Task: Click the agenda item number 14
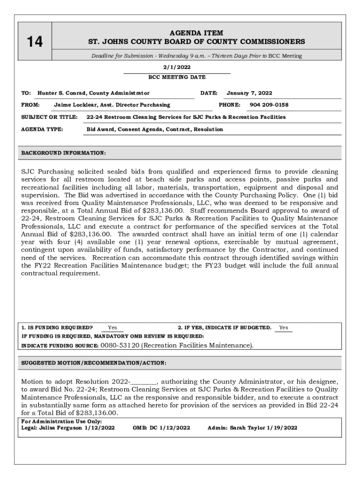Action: [x=35, y=42]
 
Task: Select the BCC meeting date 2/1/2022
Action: [x=177, y=68]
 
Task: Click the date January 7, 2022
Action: [x=249, y=93]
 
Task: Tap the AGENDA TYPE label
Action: [x=42, y=129]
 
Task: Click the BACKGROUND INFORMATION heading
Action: [x=64, y=153]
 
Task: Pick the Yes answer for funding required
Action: [x=112, y=328]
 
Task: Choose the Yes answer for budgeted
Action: [x=283, y=328]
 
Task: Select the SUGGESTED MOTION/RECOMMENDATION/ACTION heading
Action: [x=94, y=363]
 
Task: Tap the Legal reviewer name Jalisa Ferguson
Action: [x=61, y=428]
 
